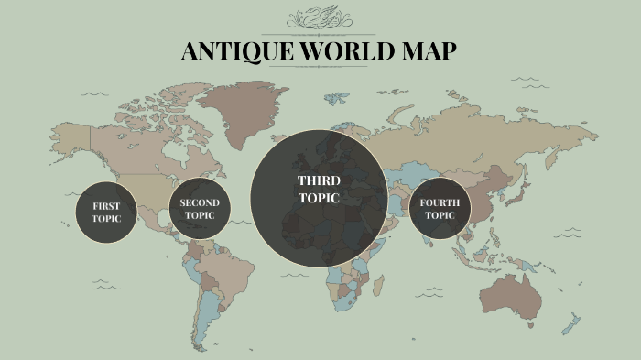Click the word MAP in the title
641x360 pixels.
click(x=429, y=51)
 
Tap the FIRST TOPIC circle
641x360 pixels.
click(x=106, y=213)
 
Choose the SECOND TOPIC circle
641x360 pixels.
click(x=200, y=209)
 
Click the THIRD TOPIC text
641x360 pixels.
click(x=319, y=190)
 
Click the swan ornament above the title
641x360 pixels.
click(x=319, y=19)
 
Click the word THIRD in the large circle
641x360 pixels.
click(x=319, y=180)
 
